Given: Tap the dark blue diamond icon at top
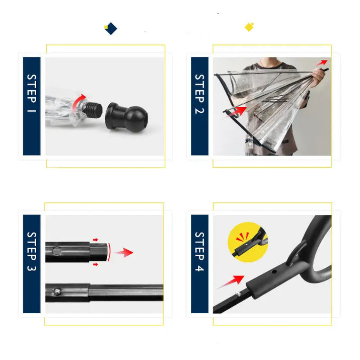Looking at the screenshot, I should (x=111, y=29).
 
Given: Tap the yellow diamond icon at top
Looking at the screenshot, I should (x=249, y=27).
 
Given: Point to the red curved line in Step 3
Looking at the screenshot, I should (x=108, y=252).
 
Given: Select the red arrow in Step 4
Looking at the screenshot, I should (x=231, y=282).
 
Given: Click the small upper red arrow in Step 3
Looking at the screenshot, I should (x=96, y=241).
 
